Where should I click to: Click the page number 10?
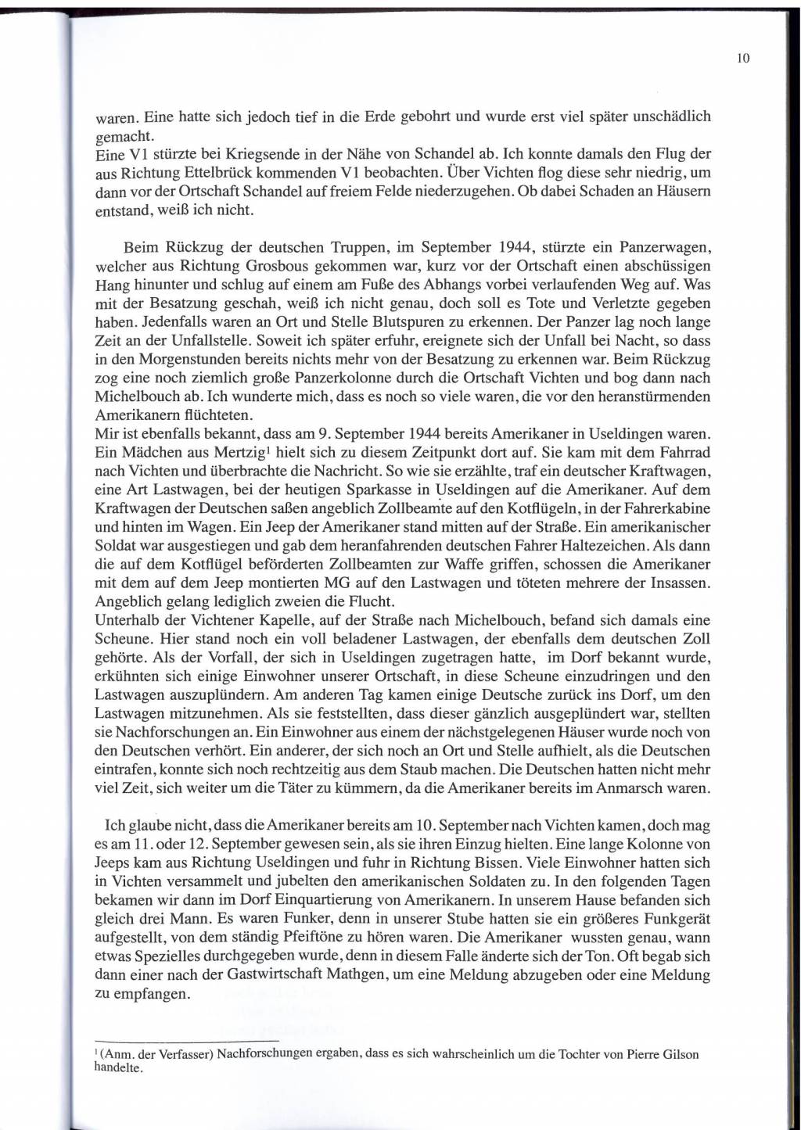coord(743,58)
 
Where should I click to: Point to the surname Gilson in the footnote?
coord(678,1054)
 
